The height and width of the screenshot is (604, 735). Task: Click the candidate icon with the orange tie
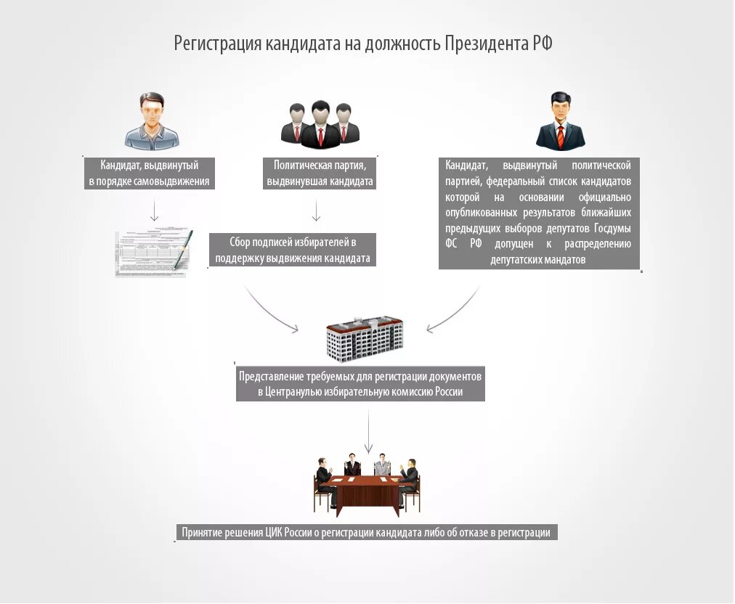click(x=560, y=121)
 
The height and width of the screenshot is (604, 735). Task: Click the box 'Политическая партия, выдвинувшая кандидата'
click(x=320, y=174)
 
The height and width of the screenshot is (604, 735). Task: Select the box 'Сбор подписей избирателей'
click(x=293, y=250)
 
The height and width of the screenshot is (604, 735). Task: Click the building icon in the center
click(x=365, y=338)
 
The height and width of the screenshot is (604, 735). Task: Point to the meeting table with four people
click(x=367, y=482)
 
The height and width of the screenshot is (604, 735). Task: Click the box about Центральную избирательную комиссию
click(x=360, y=385)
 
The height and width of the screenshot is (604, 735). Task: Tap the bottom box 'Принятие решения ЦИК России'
click(x=366, y=533)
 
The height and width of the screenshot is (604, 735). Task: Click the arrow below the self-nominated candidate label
click(x=154, y=210)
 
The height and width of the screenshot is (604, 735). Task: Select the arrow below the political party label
click(x=316, y=211)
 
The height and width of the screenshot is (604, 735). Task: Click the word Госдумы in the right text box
click(x=612, y=228)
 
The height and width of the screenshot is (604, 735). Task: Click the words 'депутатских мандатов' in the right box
click(x=538, y=259)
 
